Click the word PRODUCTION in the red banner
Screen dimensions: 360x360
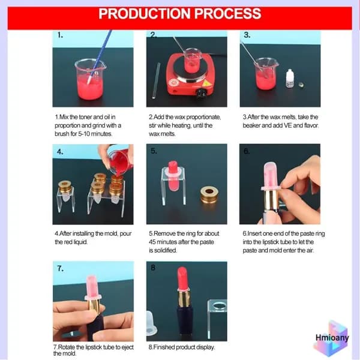point(145,14)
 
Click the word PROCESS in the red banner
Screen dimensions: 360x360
point(228,14)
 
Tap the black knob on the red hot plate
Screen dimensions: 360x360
point(202,93)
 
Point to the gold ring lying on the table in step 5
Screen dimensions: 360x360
point(209,194)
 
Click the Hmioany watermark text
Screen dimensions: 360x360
point(332,337)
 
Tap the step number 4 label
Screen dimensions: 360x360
point(60,152)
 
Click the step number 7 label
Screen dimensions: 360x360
point(61,268)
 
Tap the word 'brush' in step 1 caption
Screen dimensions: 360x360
point(62,134)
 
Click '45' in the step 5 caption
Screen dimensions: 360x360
point(152,242)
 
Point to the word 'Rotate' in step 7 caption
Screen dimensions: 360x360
point(66,347)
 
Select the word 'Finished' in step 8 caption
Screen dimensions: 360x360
point(164,347)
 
